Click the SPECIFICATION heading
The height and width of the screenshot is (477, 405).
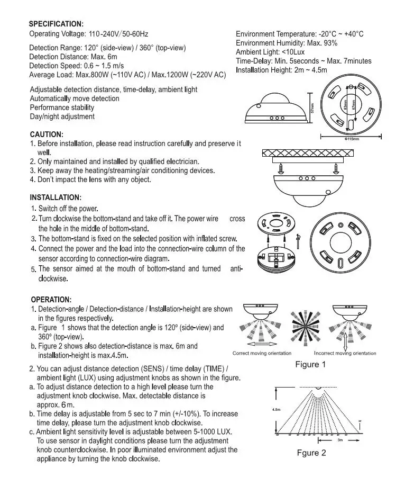(x=56, y=24)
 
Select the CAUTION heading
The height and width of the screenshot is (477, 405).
(x=47, y=134)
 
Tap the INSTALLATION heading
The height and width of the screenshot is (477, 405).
(x=56, y=197)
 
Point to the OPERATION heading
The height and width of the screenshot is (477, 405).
(x=51, y=300)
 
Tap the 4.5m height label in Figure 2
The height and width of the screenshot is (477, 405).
(x=277, y=409)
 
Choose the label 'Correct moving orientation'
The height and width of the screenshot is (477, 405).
(x=262, y=353)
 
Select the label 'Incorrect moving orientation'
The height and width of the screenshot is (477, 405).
(x=345, y=353)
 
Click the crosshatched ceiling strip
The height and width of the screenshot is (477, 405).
(x=306, y=154)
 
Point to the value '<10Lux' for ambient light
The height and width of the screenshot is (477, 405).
(x=292, y=52)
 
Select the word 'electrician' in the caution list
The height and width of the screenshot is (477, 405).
(x=180, y=161)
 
